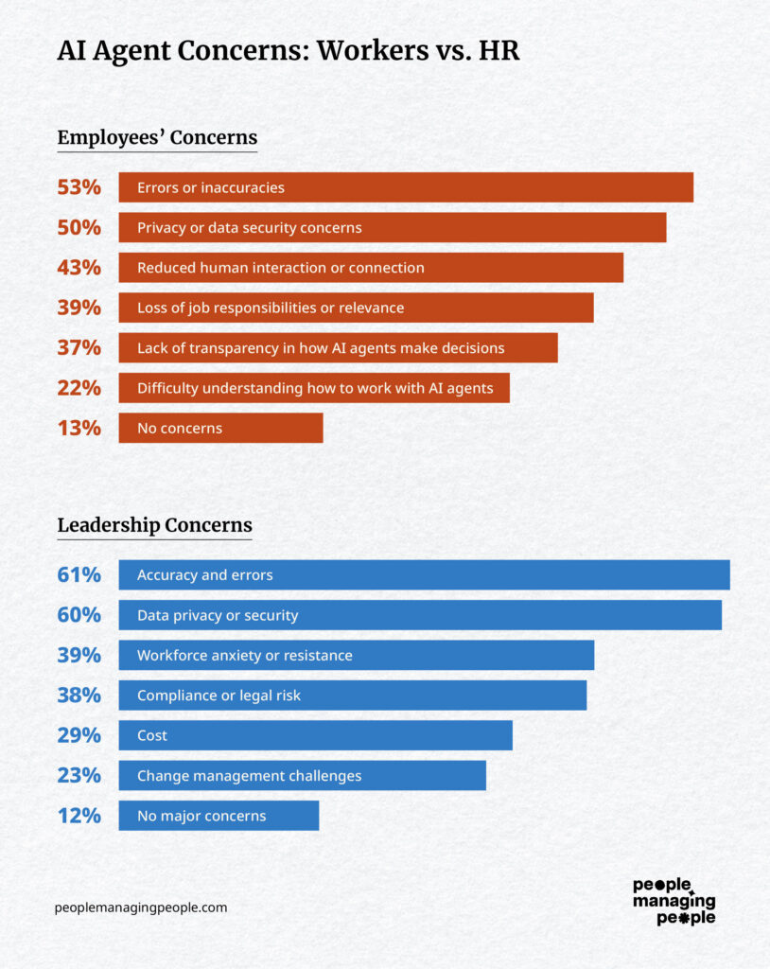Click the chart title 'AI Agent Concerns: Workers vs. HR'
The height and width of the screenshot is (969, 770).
[289, 51]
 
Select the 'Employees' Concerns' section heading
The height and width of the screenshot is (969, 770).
[157, 137]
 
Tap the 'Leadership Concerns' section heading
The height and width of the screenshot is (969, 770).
[154, 525]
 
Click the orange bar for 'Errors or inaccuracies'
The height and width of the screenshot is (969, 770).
[406, 187]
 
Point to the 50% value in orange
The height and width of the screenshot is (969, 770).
[79, 227]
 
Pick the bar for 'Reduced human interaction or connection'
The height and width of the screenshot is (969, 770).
[371, 268]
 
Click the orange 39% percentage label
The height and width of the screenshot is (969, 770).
[79, 308]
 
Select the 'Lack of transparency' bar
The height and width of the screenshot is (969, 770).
[338, 348]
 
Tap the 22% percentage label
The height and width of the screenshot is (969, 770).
[79, 388]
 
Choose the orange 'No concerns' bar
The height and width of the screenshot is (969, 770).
[220, 428]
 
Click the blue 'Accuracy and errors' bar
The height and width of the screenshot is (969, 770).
[424, 575]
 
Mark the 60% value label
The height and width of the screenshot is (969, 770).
[79, 615]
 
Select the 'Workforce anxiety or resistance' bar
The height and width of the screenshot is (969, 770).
[356, 655]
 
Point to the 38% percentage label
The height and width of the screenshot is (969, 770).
[79, 696]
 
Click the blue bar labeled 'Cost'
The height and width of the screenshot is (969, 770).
[315, 735]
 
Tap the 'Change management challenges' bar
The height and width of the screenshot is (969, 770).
[302, 776]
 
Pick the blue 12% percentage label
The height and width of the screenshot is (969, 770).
[79, 816]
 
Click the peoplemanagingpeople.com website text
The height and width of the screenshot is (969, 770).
[141, 907]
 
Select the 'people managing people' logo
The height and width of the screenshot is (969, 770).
[674, 901]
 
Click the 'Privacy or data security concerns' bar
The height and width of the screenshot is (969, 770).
[392, 227]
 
